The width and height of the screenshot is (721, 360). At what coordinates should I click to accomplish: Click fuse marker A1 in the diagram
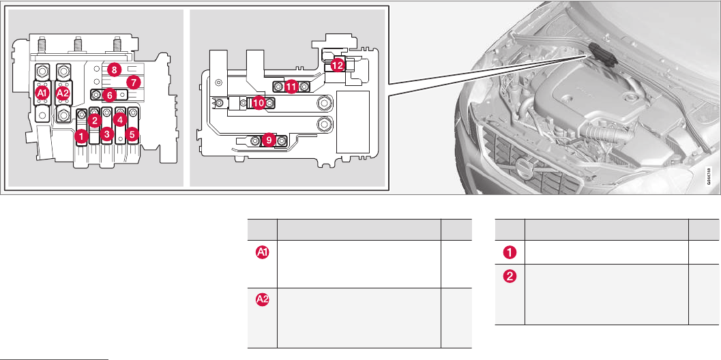tap(42, 92)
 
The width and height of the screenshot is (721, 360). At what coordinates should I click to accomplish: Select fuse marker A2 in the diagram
tap(63, 92)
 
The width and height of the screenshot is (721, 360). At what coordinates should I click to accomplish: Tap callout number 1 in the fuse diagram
tap(80, 137)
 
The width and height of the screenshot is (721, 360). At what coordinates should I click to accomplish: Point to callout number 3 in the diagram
tap(107, 134)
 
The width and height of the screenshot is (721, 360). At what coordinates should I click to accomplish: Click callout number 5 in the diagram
tap(132, 134)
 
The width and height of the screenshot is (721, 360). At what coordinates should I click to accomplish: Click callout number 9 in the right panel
tap(269, 140)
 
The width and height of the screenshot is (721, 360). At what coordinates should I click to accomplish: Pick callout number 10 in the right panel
tap(259, 103)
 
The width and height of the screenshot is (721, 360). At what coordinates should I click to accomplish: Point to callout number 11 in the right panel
tap(291, 87)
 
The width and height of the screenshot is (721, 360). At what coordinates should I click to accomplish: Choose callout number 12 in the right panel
tap(338, 65)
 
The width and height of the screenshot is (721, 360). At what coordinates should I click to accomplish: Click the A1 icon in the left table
tap(263, 252)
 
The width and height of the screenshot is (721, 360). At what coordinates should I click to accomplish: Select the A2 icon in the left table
tap(263, 299)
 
